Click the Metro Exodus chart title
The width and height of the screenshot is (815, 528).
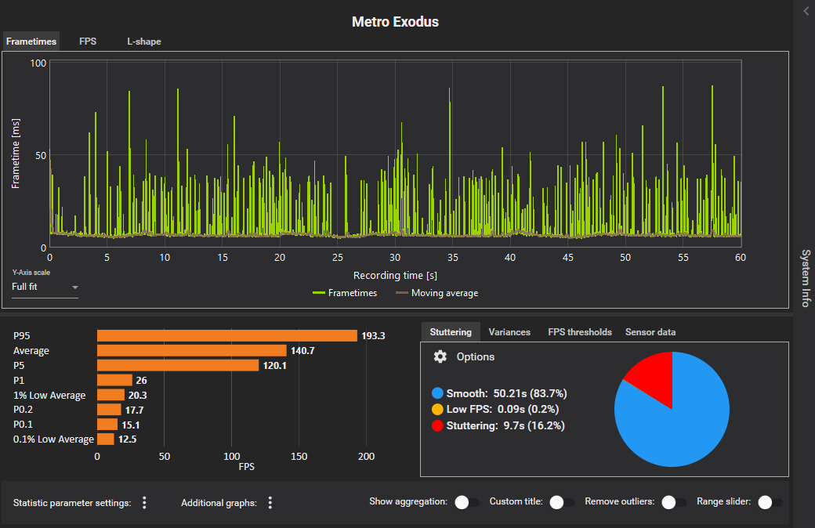pyautogui.click(x=395, y=22)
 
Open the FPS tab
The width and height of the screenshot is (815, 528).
pyautogui.click(x=88, y=42)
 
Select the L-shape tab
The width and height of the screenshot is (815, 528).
pyautogui.click(x=144, y=42)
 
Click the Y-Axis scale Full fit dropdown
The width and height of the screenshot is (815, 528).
pyautogui.click(x=45, y=287)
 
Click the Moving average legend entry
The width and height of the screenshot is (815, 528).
pyautogui.click(x=436, y=293)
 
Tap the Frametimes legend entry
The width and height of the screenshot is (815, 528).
pyautogui.click(x=345, y=293)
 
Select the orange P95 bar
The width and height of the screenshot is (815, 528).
pyautogui.click(x=226, y=336)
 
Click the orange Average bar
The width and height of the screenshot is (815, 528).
pyautogui.click(x=191, y=351)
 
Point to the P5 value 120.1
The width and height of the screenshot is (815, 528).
pyautogui.click(x=275, y=366)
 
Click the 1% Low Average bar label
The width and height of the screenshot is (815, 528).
pyautogui.click(x=49, y=396)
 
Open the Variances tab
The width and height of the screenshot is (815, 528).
pyautogui.click(x=509, y=332)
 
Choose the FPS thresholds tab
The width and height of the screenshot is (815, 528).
pyautogui.click(x=580, y=332)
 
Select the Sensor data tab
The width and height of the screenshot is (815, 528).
pyautogui.click(x=650, y=332)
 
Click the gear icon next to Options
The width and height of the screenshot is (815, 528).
pyautogui.click(x=440, y=356)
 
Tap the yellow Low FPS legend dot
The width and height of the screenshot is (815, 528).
pyautogui.click(x=437, y=409)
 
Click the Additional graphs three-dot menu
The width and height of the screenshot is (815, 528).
pyautogui.click(x=270, y=503)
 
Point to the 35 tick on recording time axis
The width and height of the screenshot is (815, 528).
pyautogui.click(x=452, y=257)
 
